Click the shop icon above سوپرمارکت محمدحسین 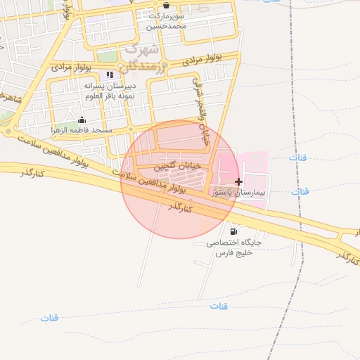click(166, 5)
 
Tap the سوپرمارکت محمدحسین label click(166, 21)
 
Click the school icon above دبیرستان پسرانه click(109, 75)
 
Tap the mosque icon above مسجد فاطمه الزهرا click(82, 120)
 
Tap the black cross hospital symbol click(238, 181)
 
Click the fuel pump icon click(233, 231)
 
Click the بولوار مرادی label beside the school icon click(72, 67)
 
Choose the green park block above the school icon click(107, 56)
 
